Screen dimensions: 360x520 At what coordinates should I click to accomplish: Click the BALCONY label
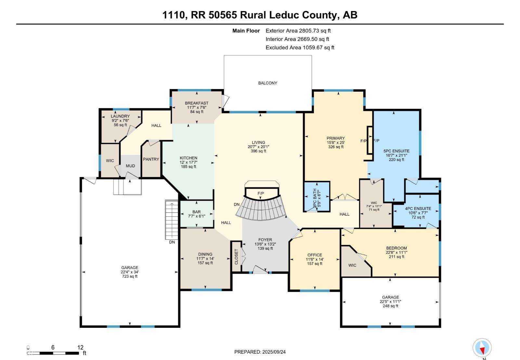coord(267,83)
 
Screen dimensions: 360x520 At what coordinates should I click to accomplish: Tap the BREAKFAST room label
coord(197,103)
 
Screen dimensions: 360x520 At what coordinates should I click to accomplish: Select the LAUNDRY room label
coord(120,116)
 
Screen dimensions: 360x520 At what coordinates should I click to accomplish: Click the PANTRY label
coord(151,159)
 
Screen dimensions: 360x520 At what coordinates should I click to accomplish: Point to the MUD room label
coord(130,166)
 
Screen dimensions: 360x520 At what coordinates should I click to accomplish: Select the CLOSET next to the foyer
coord(236,257)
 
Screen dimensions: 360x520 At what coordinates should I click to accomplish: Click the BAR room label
coord(197,212)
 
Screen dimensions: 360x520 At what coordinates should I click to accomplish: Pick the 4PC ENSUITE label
coord(418,209)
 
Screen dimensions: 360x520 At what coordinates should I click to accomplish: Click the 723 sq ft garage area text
coord(130,276)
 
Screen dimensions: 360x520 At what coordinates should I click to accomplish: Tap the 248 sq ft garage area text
coord(390,306)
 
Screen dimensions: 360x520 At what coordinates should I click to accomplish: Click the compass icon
coord(482,348)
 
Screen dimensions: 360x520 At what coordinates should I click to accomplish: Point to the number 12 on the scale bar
coord(80,347)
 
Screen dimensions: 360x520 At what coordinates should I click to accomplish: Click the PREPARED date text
coord(260,352)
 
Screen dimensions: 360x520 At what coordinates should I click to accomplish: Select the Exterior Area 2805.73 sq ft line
coord(298,31)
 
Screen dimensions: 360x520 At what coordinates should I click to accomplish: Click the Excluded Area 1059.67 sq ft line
coord(300,47)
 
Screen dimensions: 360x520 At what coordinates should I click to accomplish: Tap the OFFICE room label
coord(315,255)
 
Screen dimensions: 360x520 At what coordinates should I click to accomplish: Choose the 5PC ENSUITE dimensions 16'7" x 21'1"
coord(396,155)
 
